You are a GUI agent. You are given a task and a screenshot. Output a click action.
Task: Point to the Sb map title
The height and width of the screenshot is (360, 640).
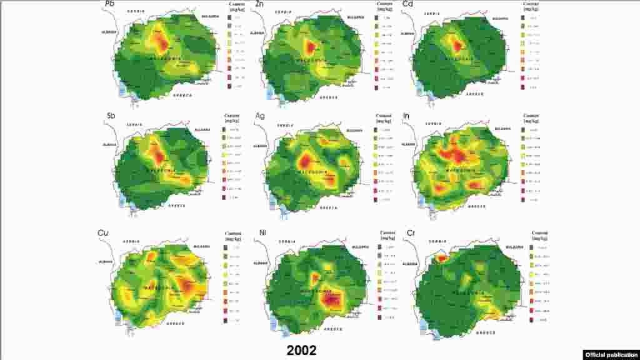[x=110, y=116]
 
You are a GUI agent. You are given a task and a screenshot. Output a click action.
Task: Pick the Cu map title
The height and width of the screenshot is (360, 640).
[x=105, y=233]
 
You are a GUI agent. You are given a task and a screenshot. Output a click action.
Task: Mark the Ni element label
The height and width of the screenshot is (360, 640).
[x=263, y=233]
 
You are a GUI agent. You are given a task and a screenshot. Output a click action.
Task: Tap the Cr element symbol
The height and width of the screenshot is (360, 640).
[x=410, y=234]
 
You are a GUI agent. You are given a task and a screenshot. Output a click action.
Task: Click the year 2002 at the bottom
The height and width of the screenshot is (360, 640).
[x=302, y=350]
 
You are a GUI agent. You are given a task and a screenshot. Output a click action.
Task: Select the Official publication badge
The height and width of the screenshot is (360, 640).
[x=611, y=354]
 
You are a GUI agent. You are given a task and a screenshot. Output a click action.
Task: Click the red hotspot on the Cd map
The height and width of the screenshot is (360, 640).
[x=457, y=46]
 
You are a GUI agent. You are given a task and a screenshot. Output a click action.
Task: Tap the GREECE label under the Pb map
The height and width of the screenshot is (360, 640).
[x=182, y=95]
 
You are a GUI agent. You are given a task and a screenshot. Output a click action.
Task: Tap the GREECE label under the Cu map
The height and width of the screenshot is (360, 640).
[x=177, y=325]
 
